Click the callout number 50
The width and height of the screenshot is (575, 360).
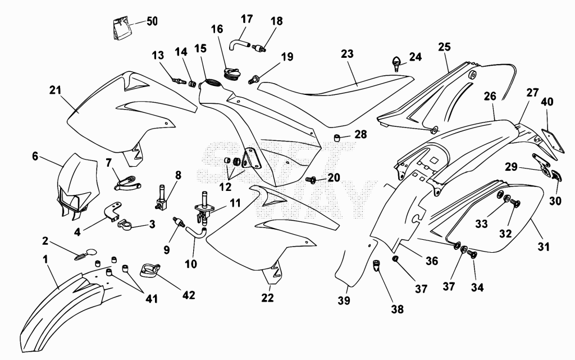click(152, 21)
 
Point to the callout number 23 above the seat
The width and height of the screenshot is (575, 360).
click(347, 54)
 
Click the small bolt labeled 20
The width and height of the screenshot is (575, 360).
click(311, 180)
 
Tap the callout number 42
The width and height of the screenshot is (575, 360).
click(189, 294)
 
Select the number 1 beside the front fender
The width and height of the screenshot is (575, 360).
click(45, 259)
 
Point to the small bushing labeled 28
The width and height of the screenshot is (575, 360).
click(337, 138)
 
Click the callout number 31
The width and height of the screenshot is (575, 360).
click(544, 247)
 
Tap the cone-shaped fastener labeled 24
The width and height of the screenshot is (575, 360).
click(397, 63)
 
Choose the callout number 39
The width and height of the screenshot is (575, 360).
click(344, 300)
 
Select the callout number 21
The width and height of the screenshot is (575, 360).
click(55, 90)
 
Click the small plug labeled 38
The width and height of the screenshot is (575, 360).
click(376, 266)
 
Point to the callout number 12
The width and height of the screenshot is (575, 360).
click(225, 187)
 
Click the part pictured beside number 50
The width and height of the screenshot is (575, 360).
click(121, 29)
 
